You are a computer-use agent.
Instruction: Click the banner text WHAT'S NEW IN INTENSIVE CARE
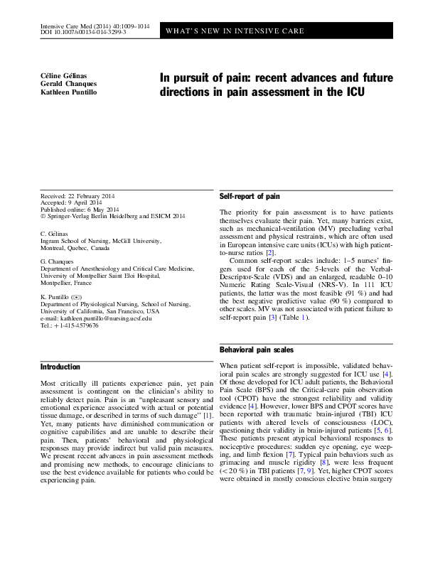click(x=234, y=31)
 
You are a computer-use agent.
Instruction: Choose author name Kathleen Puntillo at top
click(x=69, y=93)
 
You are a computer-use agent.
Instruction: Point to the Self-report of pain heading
click(x=250, y=195)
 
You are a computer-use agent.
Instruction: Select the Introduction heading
click(x=60, y=367)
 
